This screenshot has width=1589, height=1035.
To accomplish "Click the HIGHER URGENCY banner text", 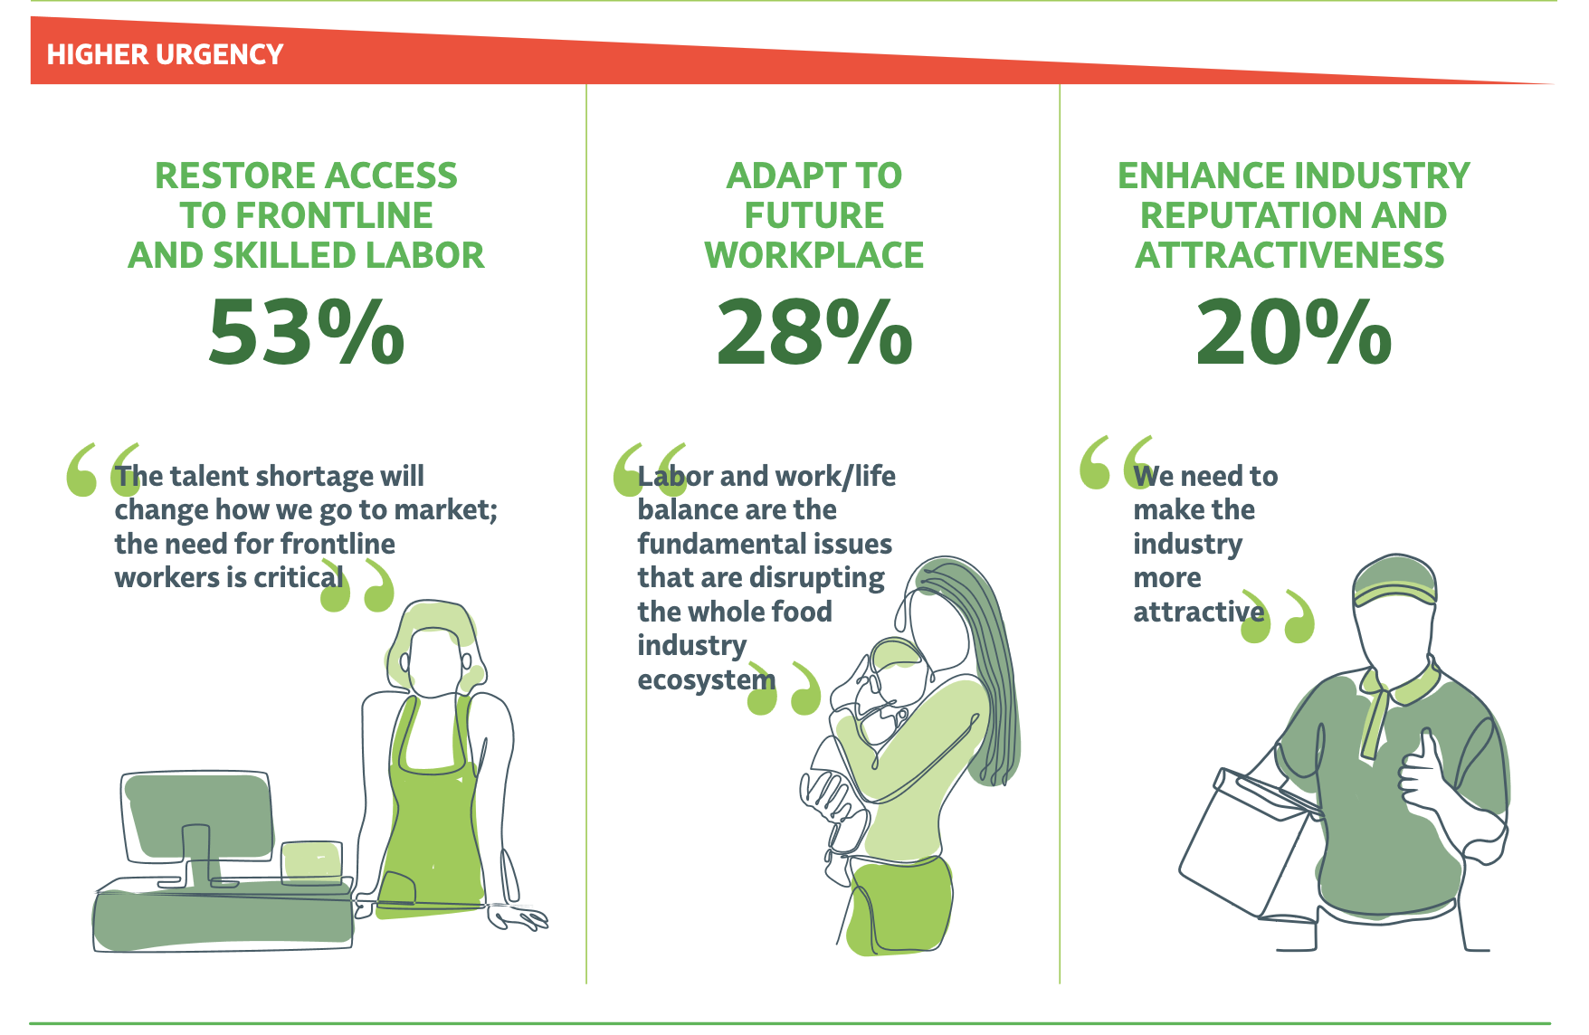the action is coord(165,54).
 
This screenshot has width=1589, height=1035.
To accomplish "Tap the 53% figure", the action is coord(306,332).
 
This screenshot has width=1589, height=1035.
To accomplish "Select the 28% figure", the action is coord(814,332).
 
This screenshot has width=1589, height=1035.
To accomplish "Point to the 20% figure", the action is coord(1293,332).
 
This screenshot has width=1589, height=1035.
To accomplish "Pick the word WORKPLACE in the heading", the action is coord(814,255).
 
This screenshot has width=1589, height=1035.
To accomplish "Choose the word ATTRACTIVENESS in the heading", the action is coord(1290,255).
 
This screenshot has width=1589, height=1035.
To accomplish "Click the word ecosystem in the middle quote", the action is coord(707,679).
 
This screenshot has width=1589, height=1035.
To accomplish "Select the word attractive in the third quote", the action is coord(1198,612).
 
